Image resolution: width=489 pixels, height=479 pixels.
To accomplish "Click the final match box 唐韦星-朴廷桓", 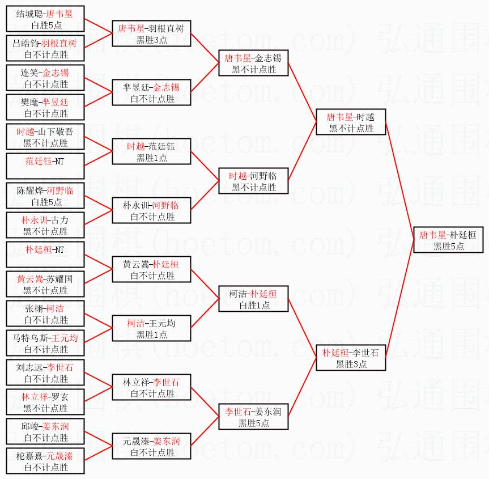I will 448,240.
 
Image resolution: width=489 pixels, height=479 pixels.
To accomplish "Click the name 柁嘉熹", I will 29,456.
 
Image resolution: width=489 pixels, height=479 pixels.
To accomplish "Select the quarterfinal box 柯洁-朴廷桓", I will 254,299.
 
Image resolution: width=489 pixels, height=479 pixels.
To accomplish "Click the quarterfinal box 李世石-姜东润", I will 254,417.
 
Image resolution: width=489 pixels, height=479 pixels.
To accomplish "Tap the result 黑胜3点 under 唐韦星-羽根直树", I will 151,40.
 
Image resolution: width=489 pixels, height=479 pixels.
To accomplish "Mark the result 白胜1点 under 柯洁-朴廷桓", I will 254,305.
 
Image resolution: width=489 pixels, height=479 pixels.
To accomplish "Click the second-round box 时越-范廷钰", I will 151,151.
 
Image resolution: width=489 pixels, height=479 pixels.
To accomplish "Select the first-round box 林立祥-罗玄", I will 45,402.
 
